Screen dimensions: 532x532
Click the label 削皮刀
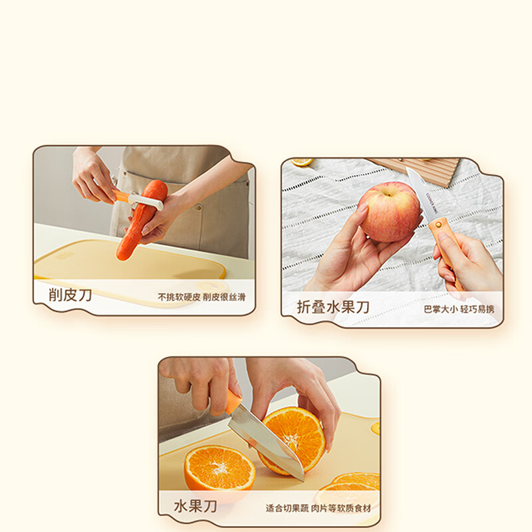(70, 295)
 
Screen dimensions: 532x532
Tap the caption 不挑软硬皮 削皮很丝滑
(201, 297)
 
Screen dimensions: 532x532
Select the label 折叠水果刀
(333, 307)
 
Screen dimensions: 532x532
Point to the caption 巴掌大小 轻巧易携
(459, 309)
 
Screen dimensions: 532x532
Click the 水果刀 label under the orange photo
(195, 506)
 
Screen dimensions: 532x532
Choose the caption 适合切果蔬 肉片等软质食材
(319, 508)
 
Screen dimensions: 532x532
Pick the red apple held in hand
(390, 211)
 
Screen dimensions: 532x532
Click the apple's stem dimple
(388, 192)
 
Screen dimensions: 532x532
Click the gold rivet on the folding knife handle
(438, 223)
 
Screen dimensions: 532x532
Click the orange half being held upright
(291, 440)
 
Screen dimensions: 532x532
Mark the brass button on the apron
(199, 207)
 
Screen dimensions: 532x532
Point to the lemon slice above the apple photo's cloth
(301, 162)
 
